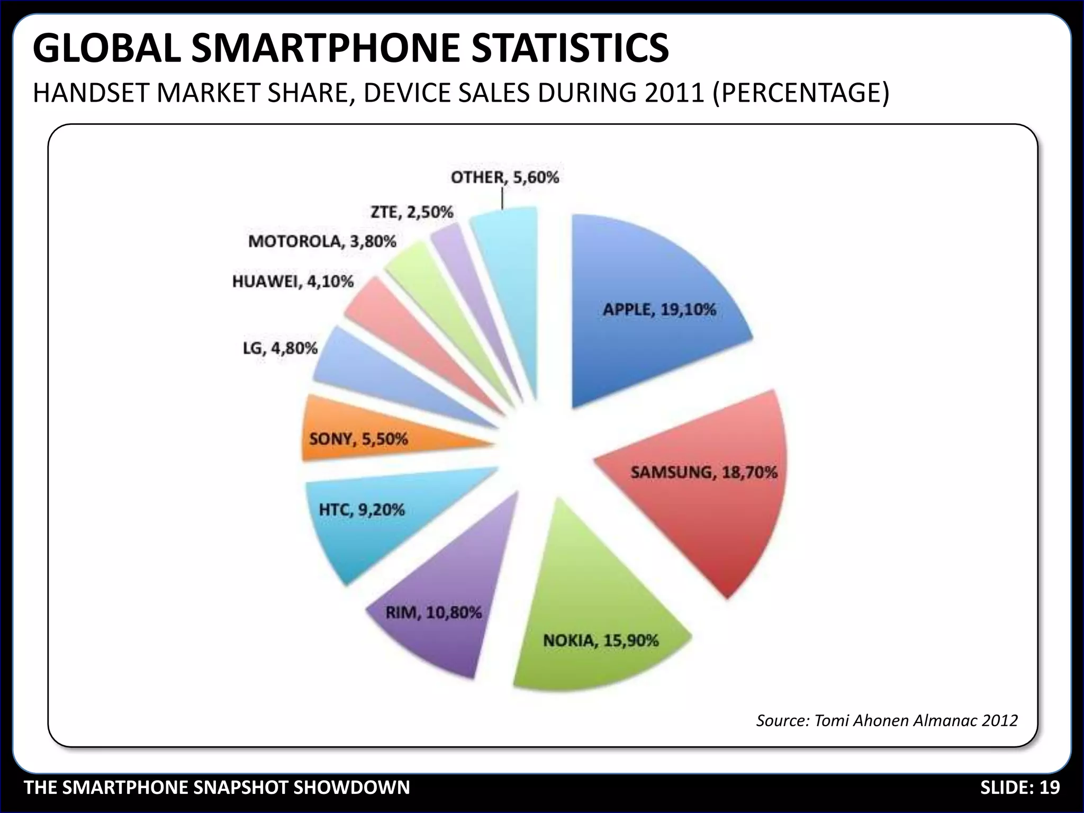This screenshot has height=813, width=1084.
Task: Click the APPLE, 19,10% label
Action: pyautogui.click(x=659, y=310)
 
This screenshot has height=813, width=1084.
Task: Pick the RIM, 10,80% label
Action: pyautogui.click(x=433, y=613)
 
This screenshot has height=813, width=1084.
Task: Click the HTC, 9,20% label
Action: pyautogui.click(x=362, y=510)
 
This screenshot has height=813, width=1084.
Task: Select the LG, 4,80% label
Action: pyautogui.click(x=280, y=348)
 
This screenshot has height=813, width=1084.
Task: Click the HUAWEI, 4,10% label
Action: pyautogui.click(x=293, y=282)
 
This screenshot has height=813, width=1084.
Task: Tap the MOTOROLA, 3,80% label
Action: pyautogui.click(x=322, y=242)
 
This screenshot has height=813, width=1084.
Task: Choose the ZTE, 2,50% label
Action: pyautogui.click(x=412, y=212)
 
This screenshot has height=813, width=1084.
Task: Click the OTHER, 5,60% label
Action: pyautogui.click(x=504, y=177)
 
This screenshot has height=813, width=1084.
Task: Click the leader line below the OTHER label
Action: pyautogui.click(x=502, y=200)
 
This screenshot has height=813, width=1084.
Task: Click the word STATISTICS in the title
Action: pyautogui.click(x=570, y=49)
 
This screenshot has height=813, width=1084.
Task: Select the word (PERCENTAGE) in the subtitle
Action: pyautogui.click(x=801, y=93)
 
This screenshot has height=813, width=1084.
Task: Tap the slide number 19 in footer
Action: pyautogui.click(x=1050, y=788)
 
